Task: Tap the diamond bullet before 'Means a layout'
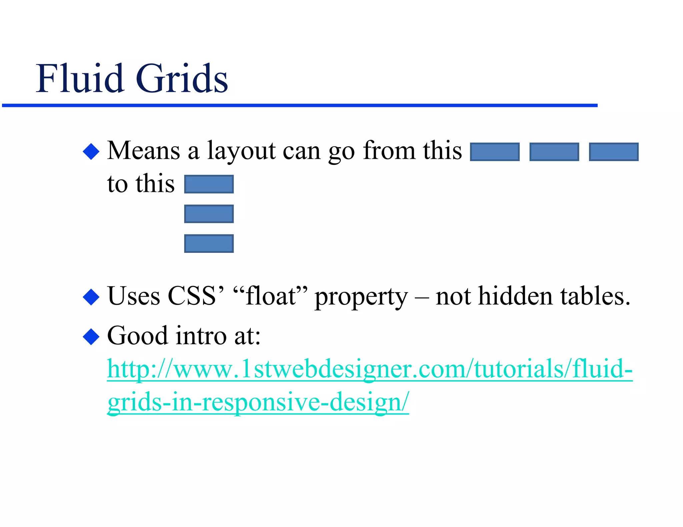(x=91, y=152)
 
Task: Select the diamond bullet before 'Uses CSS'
(x=91, y=297)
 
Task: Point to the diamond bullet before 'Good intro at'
(x=91, y=336)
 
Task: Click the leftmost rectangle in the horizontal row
(x=495, y=152)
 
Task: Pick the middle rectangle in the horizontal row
(x=554, y=152)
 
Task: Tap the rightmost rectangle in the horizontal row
(x=614, y=152)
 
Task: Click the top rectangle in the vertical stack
(x=209, y=184)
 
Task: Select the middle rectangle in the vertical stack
(x=209, y=214)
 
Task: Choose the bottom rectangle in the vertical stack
(x=209, y=244)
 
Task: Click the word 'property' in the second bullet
(x=361, y=297)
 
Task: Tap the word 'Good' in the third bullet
(x=137, y=336)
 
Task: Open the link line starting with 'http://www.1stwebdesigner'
(x=370, y=369)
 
